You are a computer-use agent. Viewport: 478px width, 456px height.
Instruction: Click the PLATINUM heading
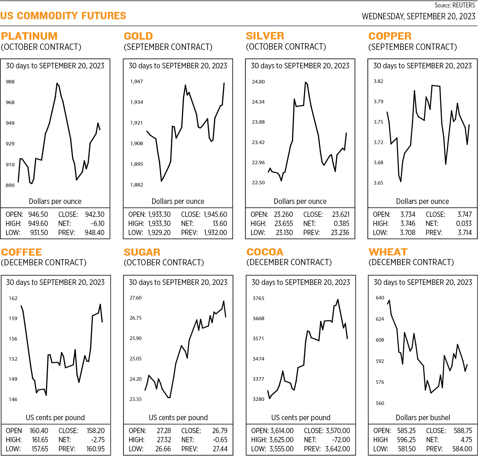(29, 36)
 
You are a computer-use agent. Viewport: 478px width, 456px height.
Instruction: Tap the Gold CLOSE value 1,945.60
(215, 214)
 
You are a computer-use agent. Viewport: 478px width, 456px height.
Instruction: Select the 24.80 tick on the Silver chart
(258, 82)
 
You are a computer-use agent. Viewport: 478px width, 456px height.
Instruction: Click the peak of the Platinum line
(57, 83)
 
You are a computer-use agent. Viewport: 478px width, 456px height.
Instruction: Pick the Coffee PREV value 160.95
(95, 449)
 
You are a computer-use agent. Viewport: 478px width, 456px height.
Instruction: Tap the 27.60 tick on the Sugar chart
(135, 298)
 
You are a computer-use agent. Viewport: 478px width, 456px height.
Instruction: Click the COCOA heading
(265, 252)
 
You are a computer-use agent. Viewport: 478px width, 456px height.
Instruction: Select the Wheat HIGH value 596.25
(406, 440)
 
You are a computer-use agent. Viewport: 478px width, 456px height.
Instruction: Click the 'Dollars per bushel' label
(423, 418)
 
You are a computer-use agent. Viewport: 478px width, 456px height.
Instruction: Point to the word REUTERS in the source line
(464, 5)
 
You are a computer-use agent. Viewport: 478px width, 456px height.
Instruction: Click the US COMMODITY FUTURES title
(63, 16)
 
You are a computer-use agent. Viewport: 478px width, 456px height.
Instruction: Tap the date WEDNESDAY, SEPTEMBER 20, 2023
(418, 16)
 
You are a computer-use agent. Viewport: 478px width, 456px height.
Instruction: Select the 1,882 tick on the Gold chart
(136, 185)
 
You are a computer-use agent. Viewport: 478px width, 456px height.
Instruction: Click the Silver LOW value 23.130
(284, 233)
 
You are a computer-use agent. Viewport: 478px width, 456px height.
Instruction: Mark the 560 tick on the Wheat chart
(380, 403)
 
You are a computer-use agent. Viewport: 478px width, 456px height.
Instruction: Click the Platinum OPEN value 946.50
(38, 214)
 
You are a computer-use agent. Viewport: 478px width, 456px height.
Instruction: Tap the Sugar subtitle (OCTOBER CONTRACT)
(164, 263)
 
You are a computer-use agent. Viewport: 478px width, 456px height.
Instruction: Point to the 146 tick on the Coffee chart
(13, 400)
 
